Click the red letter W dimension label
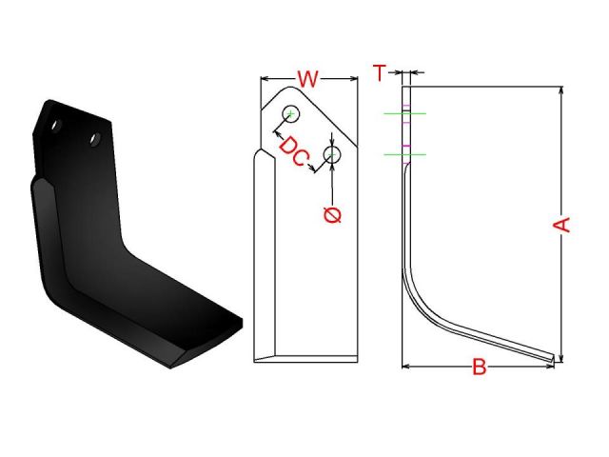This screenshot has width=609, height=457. tap(308, 79)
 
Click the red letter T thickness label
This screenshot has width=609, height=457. tap(380, 72)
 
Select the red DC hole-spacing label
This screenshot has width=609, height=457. tap(294, 151)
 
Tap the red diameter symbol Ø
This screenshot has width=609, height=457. tap(332, 214)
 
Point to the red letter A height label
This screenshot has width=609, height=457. tap(561, 225)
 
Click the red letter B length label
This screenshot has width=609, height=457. tap(480, 367)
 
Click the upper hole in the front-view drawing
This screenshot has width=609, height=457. tap(290, 113)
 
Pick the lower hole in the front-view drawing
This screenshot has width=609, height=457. tap(332, 154)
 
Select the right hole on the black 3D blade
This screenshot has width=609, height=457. tap(95, 140)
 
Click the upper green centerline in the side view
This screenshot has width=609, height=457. tap(404, 113)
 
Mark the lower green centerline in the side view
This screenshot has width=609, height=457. tap(404, 154)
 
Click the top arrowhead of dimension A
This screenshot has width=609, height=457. tap(560, 90)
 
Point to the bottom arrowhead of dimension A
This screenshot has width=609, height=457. tap(560, 359)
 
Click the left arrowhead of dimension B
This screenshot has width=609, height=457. tap(406, 366)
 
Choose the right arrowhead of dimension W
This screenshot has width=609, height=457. tap(354, 78)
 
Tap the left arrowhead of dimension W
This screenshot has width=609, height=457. tap(265, 78)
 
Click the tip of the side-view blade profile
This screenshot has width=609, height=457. tap(553, 358)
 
